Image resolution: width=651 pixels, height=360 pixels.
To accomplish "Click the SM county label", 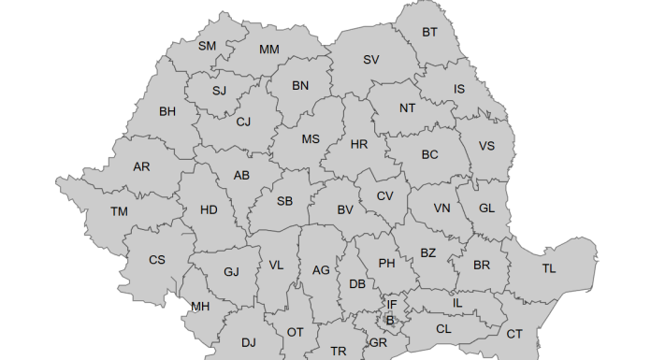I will point(207,46).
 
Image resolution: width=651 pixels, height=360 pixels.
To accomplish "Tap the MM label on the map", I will point(269,49).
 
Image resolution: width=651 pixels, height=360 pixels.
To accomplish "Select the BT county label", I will point(429,32).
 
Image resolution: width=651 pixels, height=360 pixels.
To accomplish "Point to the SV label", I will point(371,60).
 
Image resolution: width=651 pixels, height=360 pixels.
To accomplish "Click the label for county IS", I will point(459,89).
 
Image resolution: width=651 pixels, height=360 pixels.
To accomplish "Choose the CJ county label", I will point(243,122).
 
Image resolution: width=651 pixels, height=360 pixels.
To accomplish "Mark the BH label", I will point(167,111).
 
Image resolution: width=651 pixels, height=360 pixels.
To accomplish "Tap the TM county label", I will point(119,211).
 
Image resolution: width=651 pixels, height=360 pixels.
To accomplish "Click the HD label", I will point(209,209).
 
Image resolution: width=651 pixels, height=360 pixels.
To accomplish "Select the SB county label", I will point(284,201).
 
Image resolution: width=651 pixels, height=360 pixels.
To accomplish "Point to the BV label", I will point(345,209).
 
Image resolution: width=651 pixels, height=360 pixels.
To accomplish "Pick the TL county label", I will point(549,268).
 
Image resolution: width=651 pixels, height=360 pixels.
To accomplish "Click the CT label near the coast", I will point(514,334).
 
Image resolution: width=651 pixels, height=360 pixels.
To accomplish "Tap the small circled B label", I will point(390,321).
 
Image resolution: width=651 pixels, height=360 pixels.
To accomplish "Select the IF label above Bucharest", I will point(393,305).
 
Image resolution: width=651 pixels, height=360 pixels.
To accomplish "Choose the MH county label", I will point(200,307).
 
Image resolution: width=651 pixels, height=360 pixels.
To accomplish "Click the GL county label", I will point(488,209).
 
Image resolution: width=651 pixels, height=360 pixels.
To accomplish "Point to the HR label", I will point(359,144).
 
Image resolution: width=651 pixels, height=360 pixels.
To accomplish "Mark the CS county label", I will point(156,260).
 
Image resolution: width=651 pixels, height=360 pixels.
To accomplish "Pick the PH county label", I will point(386,264).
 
